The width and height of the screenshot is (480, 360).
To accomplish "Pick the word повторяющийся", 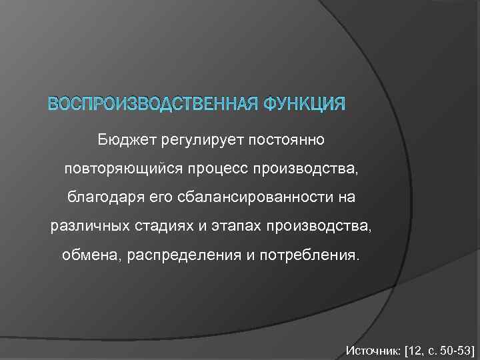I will (x=113, y=169).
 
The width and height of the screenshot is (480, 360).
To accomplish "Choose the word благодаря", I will (x=98, y=198).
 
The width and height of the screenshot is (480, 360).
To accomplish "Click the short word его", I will (x=148, y=198).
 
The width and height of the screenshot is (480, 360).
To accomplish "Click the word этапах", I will (x=235, y=227).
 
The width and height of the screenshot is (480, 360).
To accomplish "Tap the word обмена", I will (x=87, y=255).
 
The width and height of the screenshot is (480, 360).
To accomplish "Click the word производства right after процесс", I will (x=307, y=169).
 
